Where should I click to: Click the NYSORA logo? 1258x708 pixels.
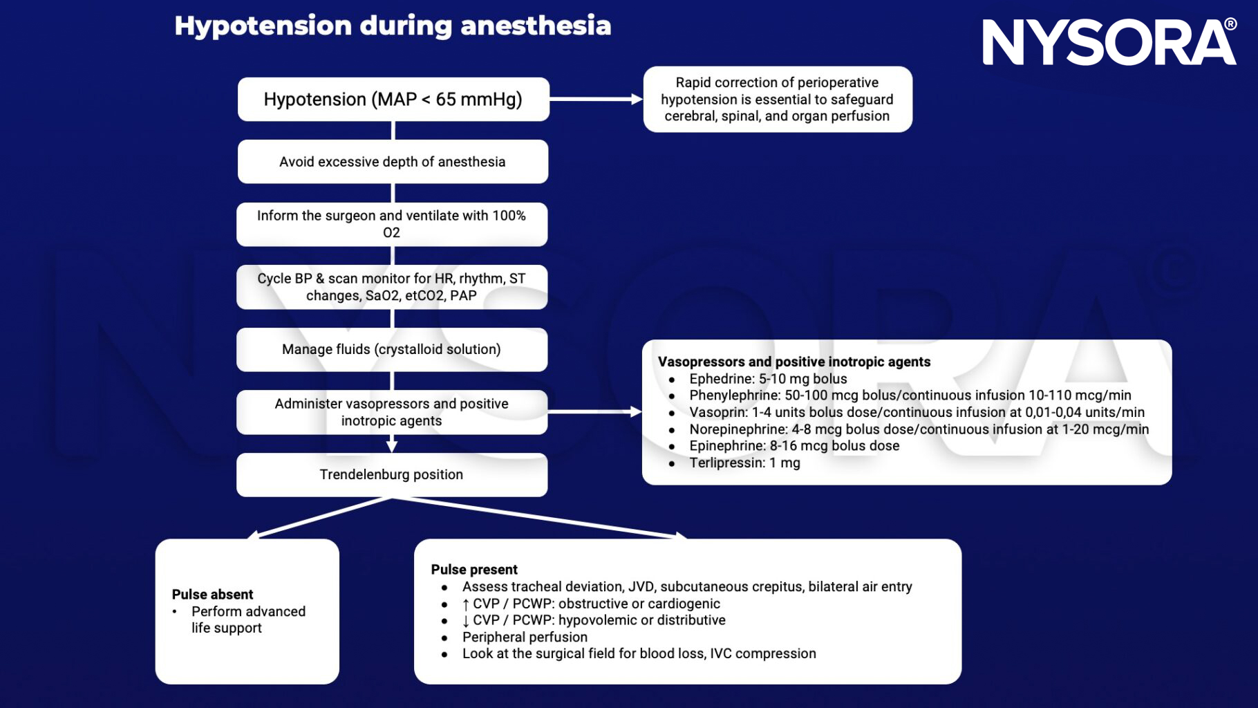pos(1106,43)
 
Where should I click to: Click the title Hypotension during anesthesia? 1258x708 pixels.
pos(393,26)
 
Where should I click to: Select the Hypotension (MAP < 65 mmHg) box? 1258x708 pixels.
pos(393,100)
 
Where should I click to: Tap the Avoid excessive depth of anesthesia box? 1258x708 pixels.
pos(393,162)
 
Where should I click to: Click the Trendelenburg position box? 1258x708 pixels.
pos(391,475)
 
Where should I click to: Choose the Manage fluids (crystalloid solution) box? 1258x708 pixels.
pos(391,350)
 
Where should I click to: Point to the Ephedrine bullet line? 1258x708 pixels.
pos(767,379)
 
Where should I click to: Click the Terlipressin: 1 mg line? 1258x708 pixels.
pos(744,463)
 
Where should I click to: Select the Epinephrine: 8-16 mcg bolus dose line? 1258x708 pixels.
pos(794,446)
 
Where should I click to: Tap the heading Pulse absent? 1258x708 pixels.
pos(212,595)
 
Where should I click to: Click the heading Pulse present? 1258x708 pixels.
pos(474,570)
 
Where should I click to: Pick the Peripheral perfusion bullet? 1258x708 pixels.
pos(525,637)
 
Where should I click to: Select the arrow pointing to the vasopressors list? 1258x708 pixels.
pos(594,412)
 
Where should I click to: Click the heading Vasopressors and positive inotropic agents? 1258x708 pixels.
pos(794,362)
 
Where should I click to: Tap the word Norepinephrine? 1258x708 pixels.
pos(738,429)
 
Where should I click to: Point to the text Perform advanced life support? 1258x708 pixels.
pos(247,620)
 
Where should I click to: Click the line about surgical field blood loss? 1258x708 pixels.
pos(639,654)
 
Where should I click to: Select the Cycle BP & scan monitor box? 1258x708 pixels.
pos(391,287)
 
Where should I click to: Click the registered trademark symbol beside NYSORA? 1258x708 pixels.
pos(1230,25)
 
